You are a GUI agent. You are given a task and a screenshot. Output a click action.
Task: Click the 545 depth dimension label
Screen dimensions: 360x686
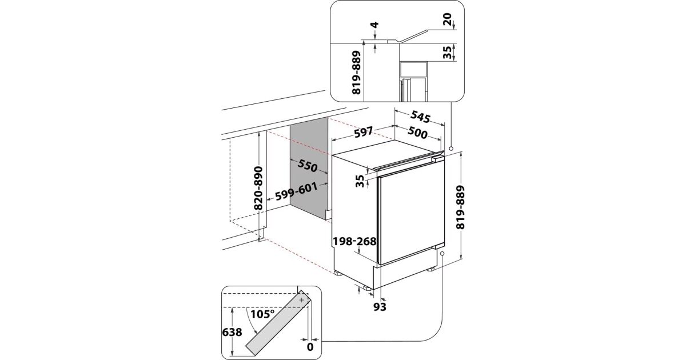(x=420, y=118)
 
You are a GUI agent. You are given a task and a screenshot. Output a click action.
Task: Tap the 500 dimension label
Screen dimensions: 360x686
(x=417, y=134)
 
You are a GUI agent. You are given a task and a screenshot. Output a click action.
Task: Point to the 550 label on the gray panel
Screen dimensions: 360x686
(x=307, y=166)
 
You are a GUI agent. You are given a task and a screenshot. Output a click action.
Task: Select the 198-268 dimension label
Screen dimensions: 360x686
(x=354, y=242)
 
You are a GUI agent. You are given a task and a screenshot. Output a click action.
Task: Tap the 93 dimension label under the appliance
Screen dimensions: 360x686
(x=380, y=307)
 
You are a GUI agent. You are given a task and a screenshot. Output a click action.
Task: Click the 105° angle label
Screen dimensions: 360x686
(x=263, y=314)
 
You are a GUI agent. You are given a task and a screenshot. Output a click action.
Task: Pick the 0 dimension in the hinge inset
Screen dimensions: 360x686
(x=310, y=346)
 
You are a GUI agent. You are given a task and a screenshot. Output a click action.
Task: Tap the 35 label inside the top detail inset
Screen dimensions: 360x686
(x=447, y=53)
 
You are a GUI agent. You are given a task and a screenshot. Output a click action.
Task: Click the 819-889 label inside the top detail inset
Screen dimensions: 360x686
(x=357, y=77)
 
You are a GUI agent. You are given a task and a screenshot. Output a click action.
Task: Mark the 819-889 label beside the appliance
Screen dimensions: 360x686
(x=461, y=207)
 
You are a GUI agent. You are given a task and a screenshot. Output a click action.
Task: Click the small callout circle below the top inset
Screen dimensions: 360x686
(x=452, y=148)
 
